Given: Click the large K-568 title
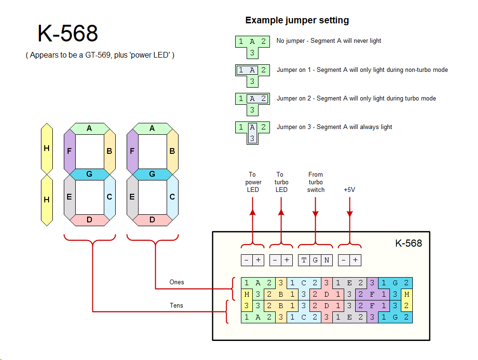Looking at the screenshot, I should coord(68,34).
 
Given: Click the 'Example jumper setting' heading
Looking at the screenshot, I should coord(297,20).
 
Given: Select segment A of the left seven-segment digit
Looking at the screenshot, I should coord(89,128).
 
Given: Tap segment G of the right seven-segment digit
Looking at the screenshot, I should coord(152,174).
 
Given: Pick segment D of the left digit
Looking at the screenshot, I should coord(89,220).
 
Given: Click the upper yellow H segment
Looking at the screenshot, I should coord(47,149).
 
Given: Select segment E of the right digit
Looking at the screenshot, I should coord(132,197).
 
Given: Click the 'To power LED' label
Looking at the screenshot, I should coord(253,182).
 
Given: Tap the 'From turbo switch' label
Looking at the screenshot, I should coord(315,182).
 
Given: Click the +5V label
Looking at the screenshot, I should coord(349,190).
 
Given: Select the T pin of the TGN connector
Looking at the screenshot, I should coord(304,260).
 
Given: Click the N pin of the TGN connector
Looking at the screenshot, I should coord(327,260).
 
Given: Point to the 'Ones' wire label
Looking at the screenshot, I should coord(177,282).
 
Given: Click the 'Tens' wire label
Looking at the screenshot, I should coord(176,305).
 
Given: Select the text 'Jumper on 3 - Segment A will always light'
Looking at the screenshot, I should coord(334,127).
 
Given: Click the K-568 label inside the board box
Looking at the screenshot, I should coord(408,243).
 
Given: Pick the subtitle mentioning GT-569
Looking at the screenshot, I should coord(100,55).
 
